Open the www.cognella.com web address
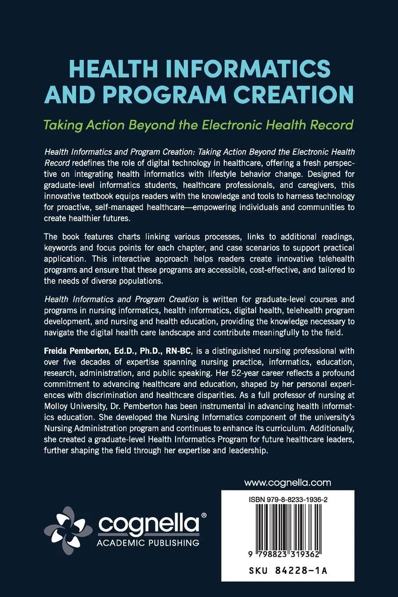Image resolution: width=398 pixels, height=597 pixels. pos(287,483)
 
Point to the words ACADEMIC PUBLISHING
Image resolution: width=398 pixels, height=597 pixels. pos(148,543)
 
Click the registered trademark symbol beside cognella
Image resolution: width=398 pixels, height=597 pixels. pos(203,515)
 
